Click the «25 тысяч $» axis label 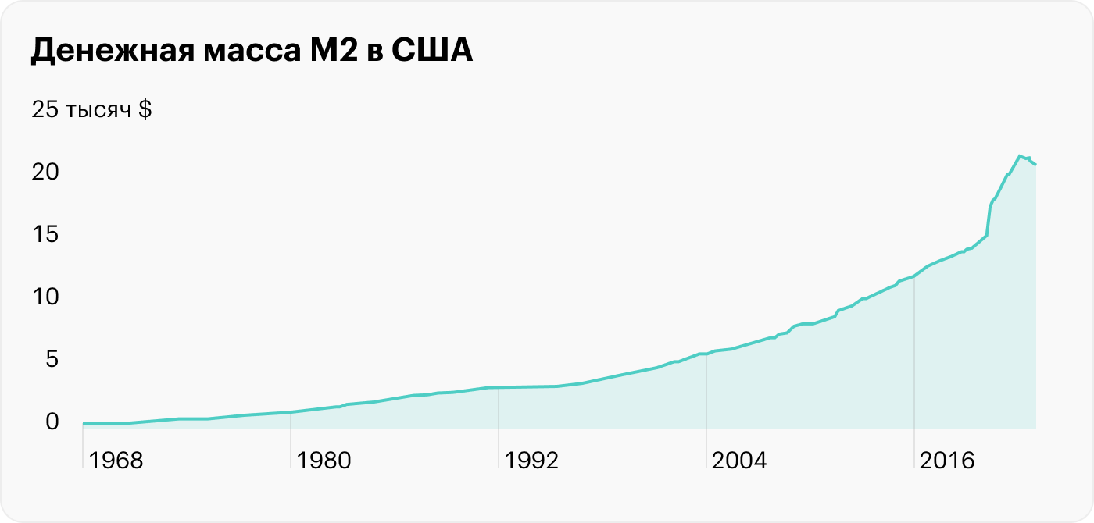(91, 110)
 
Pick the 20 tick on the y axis (45, 172)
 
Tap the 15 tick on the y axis (45, 234)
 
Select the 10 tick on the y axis (45, 297)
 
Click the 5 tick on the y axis (52, 359)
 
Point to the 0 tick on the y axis (52, 422)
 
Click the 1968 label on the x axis (116, 461)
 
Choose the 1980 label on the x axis (324, 461)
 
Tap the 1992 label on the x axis (531, 461)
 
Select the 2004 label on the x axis (739, 461)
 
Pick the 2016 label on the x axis (947, 461)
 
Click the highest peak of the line (1019, 156)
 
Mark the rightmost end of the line (1035, 165)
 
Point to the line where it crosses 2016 (914, 276)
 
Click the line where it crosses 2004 (706, 354)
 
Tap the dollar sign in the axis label (145, 110)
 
